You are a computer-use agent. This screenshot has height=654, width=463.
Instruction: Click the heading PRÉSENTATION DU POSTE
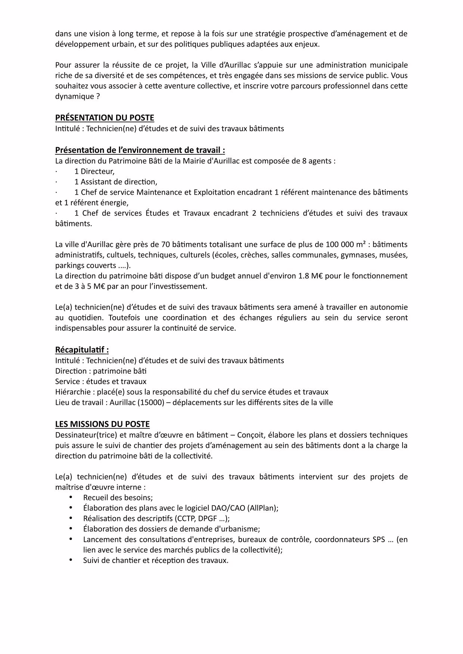pos(105,118)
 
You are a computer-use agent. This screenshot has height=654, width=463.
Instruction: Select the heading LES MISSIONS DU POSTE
pos(102,424)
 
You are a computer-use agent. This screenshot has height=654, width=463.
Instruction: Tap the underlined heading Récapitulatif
pos(82,350)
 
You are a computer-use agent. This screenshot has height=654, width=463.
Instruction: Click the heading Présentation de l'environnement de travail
pos(140,150)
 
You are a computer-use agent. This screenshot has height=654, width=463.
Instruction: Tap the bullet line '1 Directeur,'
pos(94,172)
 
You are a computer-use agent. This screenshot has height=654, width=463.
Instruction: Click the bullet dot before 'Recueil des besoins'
pos(71,497)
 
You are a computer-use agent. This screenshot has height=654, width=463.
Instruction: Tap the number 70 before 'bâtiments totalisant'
pos(165,245)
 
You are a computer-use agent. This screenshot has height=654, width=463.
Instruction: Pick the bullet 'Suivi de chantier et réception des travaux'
pos(155,560)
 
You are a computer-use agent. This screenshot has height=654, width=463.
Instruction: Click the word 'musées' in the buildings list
pos(395,255)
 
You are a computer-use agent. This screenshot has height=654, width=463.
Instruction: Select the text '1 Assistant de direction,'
pos(116,182)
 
